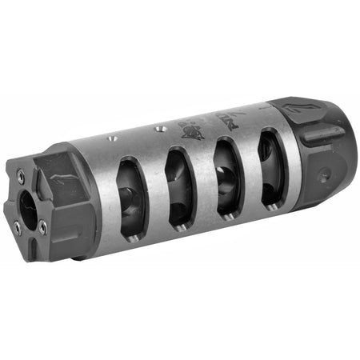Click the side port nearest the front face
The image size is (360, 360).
click(130, 195)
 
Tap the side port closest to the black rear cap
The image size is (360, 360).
click(272, 166)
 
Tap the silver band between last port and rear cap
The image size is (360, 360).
click(291, 160)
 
